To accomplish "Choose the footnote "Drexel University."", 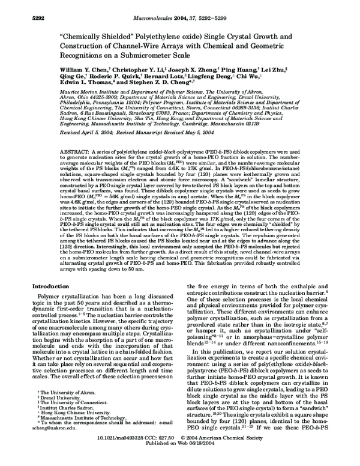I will point(59,413).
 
